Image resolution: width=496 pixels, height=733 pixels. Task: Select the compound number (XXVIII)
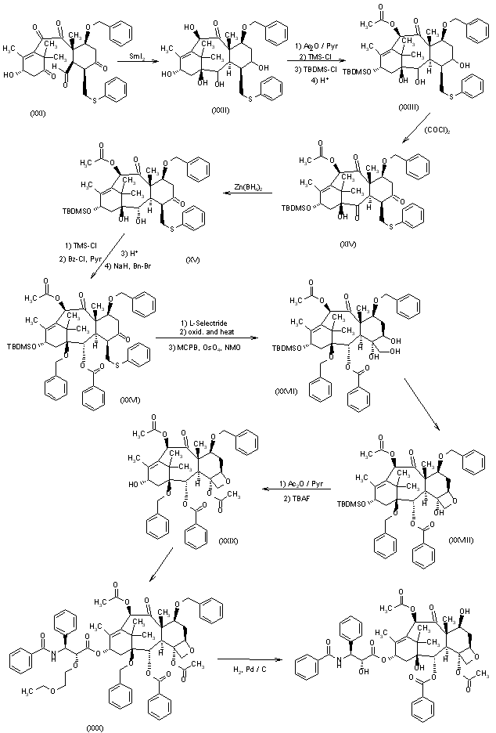[x=463, y=540]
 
